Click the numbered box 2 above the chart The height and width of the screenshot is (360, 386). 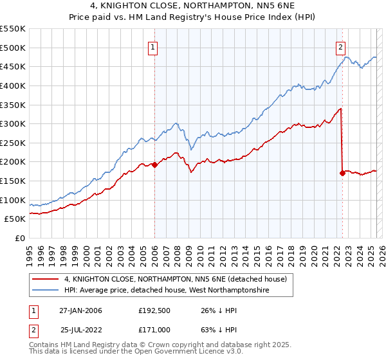pyautogui.click(x=340, y=46)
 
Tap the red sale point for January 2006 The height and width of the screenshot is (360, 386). pyautogui.click(x=154, y=165)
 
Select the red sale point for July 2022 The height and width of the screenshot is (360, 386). pyautogui.click(x=342, y=173)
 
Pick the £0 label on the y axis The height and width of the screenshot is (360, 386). pyautogui.click(x=19, y=238)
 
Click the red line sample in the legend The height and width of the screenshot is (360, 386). pyautogui.click(x=46, y=279)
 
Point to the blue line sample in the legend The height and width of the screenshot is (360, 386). pyautogui.click(x=46, y=291)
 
